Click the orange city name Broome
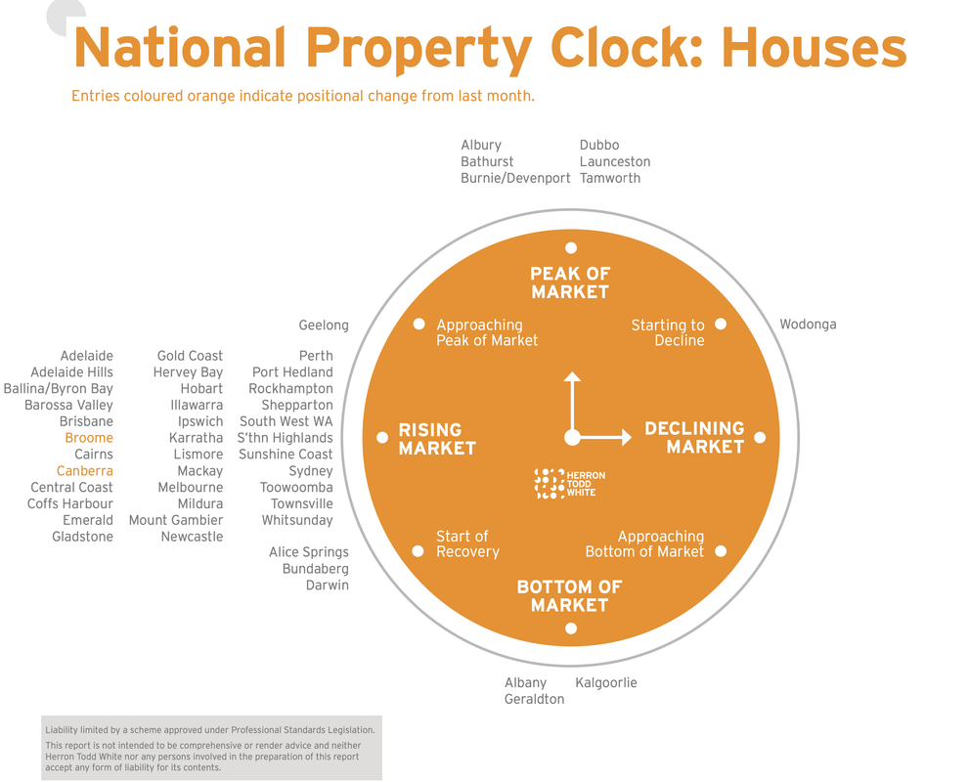[x=89, y=438]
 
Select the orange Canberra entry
[x=85, y=471]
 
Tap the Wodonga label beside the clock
[x=808, y=325]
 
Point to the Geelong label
[x=324, y=325]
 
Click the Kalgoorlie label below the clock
[x=605, y=682]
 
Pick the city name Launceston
[x=615, y=162]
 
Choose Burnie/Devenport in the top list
[x=515, y=178]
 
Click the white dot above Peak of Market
[x=571, y=247]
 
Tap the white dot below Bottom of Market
[x=571, y=629]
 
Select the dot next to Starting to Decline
[x=721, y=324]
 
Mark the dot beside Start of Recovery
[x=418, y=551]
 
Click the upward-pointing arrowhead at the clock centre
[x=572, y=376]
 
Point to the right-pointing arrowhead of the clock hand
[x=627, y=437]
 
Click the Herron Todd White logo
[x=569, y=484]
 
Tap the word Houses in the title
[x=814, y=48]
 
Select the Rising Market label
[x=437, y=439]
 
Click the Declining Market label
[x=694, y=437]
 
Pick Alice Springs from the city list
[x=308, y=552]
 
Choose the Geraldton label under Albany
[x=534, y=699]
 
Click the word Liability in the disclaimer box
[x=62, y=730]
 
